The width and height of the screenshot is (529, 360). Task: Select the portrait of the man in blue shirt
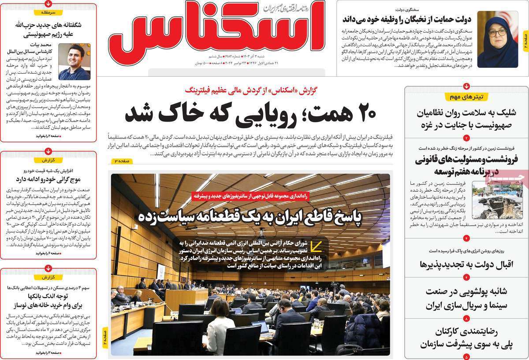tap(75, 61)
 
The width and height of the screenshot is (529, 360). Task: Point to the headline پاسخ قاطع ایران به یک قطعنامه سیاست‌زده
tap(250, 216)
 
